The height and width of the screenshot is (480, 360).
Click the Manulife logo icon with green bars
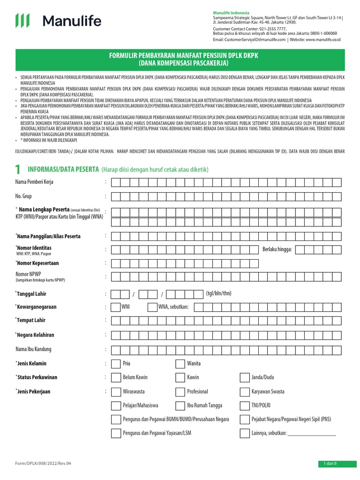(23, 21)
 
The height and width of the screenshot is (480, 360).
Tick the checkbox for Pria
(115, 363)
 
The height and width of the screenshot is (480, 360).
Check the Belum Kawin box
(115, 377)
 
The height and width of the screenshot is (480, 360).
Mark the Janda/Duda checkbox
(244, 377)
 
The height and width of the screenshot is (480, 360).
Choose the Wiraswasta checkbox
(115, 391)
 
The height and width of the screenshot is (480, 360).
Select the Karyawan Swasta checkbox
(244, 391)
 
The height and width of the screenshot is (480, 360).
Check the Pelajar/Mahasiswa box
(115, 405)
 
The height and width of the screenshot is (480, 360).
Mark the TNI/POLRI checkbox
(244, 405)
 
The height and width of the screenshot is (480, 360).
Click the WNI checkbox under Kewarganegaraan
(115, 307)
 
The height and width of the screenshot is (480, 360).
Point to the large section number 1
(18, 170)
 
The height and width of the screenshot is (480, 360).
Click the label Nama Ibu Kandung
(33, 349)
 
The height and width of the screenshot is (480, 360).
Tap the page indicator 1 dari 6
(330, 464)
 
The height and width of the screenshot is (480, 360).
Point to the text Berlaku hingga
(277, 249)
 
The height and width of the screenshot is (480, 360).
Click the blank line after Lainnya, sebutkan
(312, 434)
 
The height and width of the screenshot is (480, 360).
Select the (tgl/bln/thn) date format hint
(218, 293)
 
